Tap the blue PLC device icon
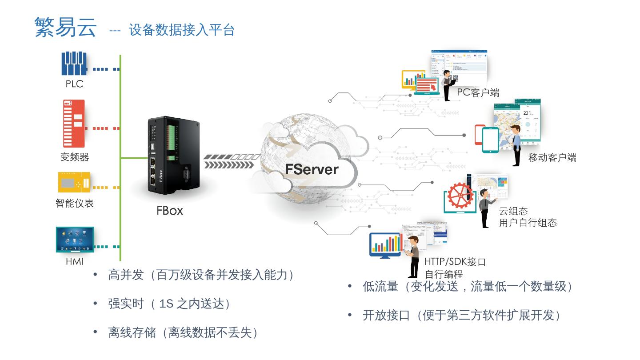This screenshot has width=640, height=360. (x=74, y=64)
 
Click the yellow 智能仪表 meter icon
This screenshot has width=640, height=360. (x=74, y=182)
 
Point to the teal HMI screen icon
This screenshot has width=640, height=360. (x=75, y=240)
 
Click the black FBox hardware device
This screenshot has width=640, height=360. (x=172, y=156)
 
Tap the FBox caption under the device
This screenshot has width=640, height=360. (x=169, y=211)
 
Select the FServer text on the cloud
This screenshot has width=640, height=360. (x=312, y=169)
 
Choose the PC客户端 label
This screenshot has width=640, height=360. (x=478, y=93)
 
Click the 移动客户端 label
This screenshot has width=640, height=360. (x=552, y=157)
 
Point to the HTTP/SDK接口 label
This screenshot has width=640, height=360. (x=455, y=262)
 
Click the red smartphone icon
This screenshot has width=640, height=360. (x=479, y=134)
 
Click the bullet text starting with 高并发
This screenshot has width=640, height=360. (x=201, y=275)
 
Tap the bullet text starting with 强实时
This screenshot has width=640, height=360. (x=169, y=304)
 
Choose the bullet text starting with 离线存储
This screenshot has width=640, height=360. (x=183, y=333)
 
